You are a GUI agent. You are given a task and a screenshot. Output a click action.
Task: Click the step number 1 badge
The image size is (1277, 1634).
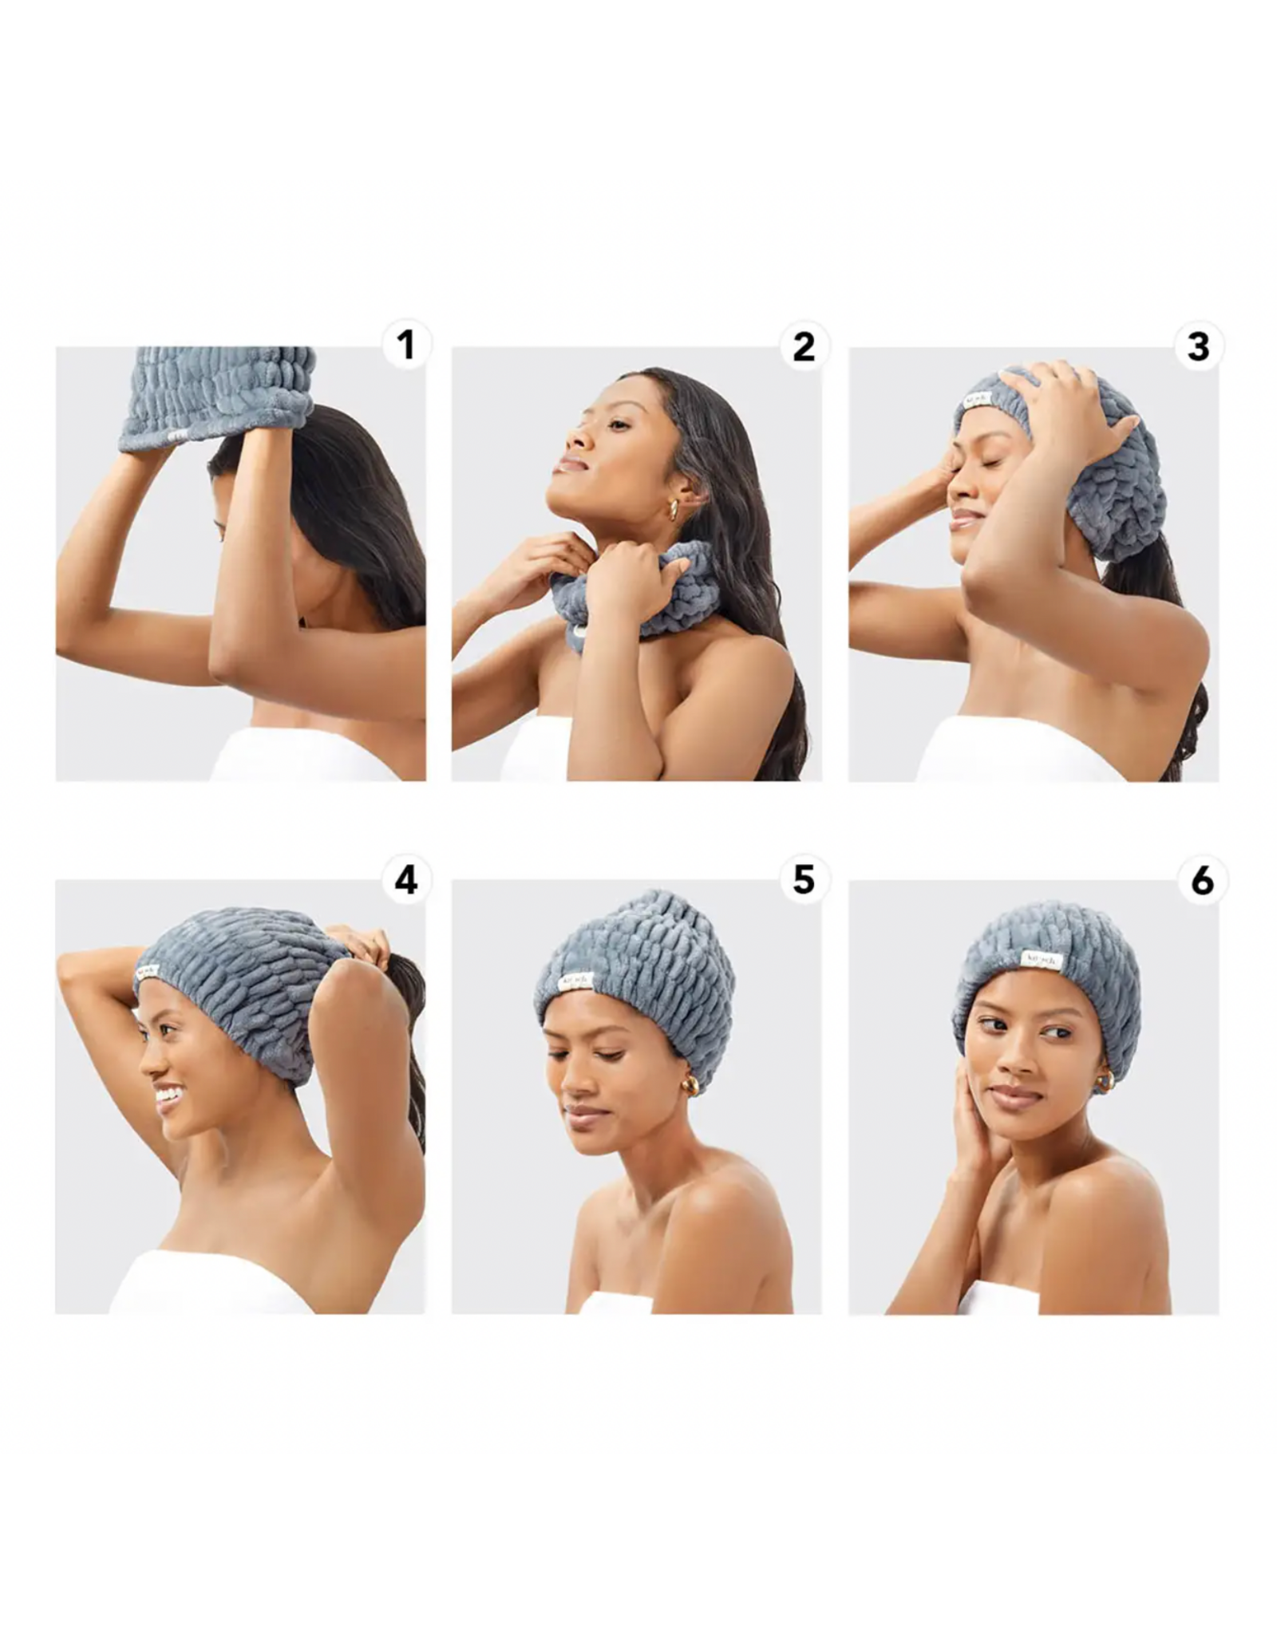(x=406, y=345)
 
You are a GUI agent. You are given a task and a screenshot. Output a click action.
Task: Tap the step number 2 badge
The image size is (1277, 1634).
(x=803, y=345)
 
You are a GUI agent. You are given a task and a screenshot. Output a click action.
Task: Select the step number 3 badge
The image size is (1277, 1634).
(x=1199, y=345)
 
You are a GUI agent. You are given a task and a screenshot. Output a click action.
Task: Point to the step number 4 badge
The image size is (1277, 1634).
(x=406, y=880)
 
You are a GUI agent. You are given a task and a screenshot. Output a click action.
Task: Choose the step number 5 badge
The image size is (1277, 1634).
(x=803, y=880)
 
